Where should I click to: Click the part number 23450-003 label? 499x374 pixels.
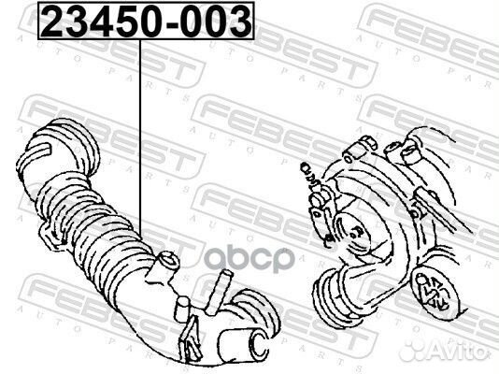coord(145,20)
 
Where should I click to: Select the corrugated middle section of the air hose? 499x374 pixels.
coord(103,224)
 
